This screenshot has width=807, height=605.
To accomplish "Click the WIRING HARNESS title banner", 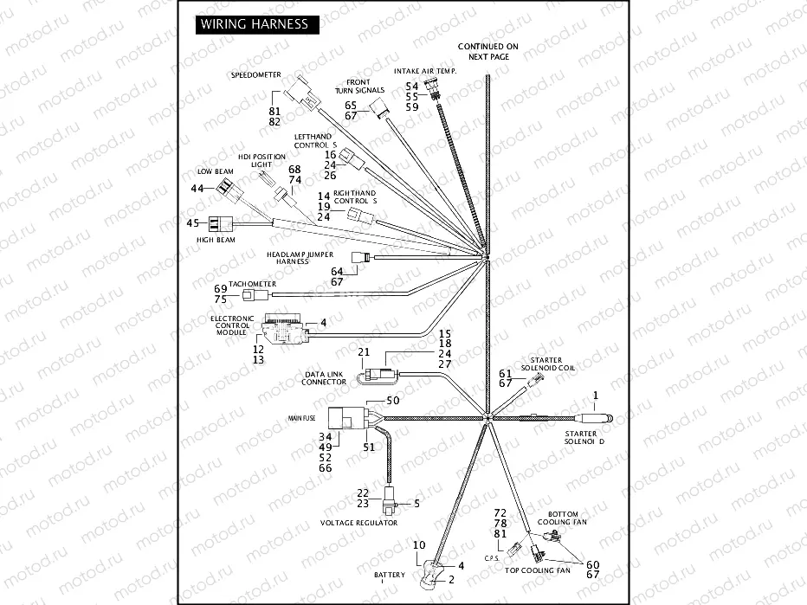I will click(255, 24).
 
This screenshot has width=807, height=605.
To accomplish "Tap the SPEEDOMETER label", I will click(255, 75).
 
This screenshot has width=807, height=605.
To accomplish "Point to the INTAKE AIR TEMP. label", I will click(425, 69).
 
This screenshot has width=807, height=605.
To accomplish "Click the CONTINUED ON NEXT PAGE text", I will click(487, 50).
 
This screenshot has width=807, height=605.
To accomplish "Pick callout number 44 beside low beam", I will click(197, 189).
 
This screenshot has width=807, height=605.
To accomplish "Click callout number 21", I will click(364, 352).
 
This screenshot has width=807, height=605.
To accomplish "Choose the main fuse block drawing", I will click(350, 422).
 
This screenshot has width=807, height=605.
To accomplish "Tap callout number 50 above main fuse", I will click(392, 401).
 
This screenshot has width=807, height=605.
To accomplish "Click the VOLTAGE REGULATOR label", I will click(358, 523).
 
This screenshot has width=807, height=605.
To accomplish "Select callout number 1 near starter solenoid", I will click(595, 396).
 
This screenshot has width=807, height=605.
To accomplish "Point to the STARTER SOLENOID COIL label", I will click(541, 364).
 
